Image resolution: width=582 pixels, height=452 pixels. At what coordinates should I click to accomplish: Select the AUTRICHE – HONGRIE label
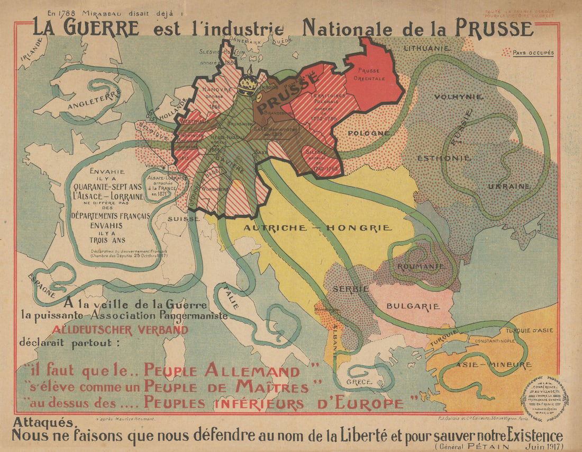pos(317,228)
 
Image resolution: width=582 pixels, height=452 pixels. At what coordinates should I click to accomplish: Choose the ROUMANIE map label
pos(420,266)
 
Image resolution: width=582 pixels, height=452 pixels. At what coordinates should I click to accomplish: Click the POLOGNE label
pos(369,133)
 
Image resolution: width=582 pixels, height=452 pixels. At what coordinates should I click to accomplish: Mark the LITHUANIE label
pos(427,48)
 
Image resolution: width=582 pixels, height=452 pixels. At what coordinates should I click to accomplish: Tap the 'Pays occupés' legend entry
pos(532,53)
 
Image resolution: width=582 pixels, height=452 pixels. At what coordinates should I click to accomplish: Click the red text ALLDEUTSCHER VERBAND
pos(120,330)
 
